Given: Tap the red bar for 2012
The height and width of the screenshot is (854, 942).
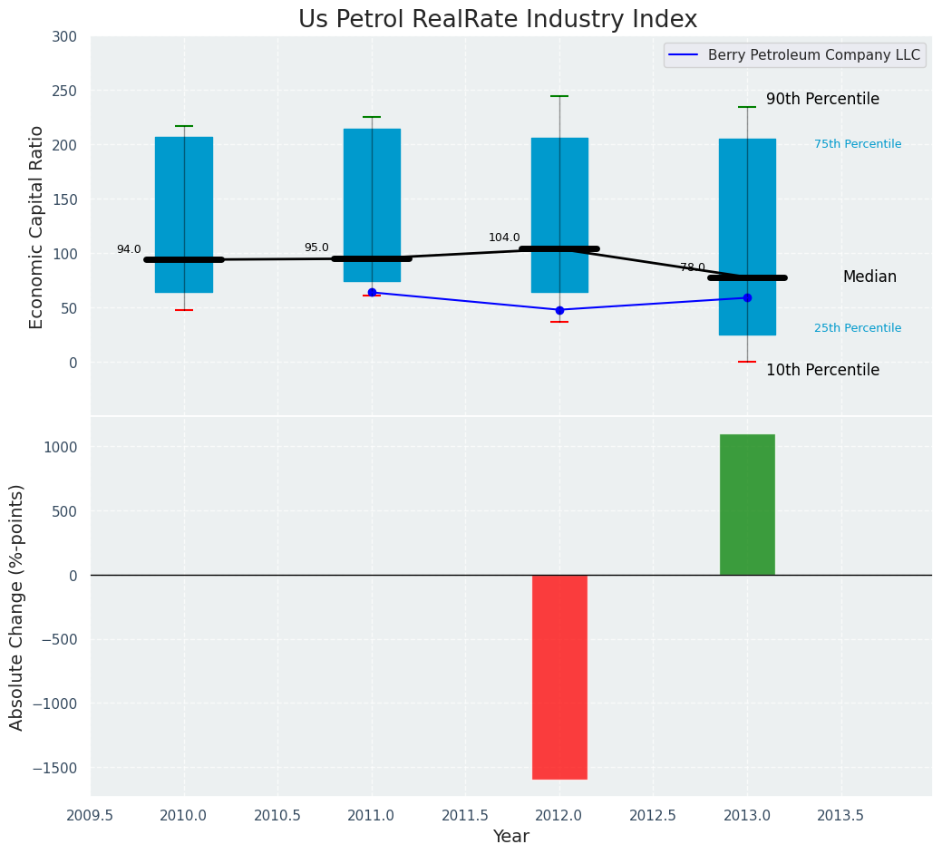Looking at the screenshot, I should pyautogui.click(x=559, y=676).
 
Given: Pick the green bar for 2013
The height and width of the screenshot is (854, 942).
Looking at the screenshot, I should pyautogui.click(x=747, y=504).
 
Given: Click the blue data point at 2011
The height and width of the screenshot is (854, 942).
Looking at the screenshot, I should pyautogui.click(x=372, y=293).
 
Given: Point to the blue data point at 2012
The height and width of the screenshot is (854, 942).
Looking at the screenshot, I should pyautogui.click(x=559, y=310).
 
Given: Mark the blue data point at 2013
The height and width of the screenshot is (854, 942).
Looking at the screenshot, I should pyautogui.click(x=747, y=297).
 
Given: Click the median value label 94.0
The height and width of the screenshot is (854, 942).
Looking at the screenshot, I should pyautogui.click(x=129, y=249).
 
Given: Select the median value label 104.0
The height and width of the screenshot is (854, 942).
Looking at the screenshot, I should pyautogui.click(x=504, y=238).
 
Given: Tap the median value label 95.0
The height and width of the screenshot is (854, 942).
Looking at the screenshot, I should pyautogui.click(x=316, y=247).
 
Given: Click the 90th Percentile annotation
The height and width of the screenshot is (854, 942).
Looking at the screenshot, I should pyautogui.click(x=822, y=99).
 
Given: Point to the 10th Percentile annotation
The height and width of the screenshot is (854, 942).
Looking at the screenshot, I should pyautogui.click(x=822, y=370).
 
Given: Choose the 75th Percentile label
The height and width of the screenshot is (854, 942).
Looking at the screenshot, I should pyautogui.click(x=858, y=144).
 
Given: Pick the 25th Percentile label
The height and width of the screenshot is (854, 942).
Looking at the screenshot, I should pyautogui.click(x=858, y=328).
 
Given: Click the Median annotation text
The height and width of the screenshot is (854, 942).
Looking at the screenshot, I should pyautogui.click(x=869, y=277).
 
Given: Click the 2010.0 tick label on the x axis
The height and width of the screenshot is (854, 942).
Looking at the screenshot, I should pyautogui.click(x=184, y=815).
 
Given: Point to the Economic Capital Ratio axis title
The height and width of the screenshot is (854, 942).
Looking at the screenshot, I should pyautogui.click(x=37, y=228).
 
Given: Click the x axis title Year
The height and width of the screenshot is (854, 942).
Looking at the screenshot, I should pyautogui.click(x=510, y=837).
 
